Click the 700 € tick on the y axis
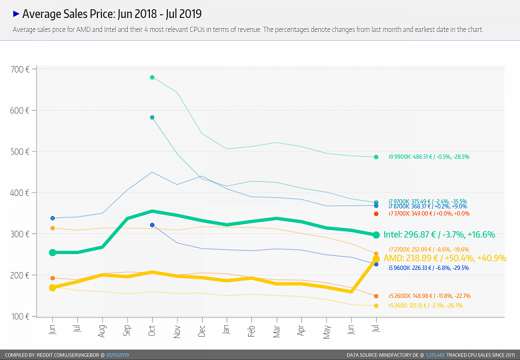pos(20,69)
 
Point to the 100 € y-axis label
pos(20,316)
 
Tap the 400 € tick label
pos(20,193)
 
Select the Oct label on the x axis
pos(152,332)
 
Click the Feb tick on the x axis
pos(252,331)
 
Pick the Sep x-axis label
pos(127,332)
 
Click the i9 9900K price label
pos(429,157)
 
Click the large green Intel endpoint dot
pos(376,235)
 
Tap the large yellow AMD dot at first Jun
pos(53,287)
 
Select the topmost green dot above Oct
pos(152,77)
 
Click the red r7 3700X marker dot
pos(376,213)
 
